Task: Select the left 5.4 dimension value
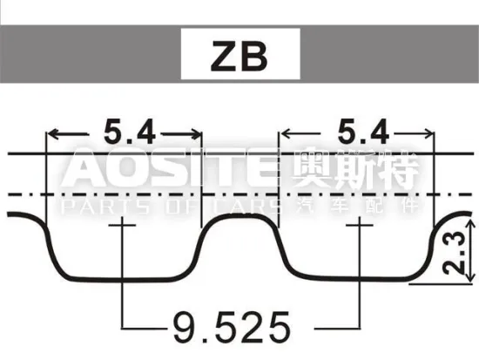click(128, 132)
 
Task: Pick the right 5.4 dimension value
click(360, 132)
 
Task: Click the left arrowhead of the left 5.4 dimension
click(51, 133)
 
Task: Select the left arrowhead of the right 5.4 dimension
click(283, 133)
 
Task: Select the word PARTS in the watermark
click(92, 207)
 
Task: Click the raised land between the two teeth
click(239, 221)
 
